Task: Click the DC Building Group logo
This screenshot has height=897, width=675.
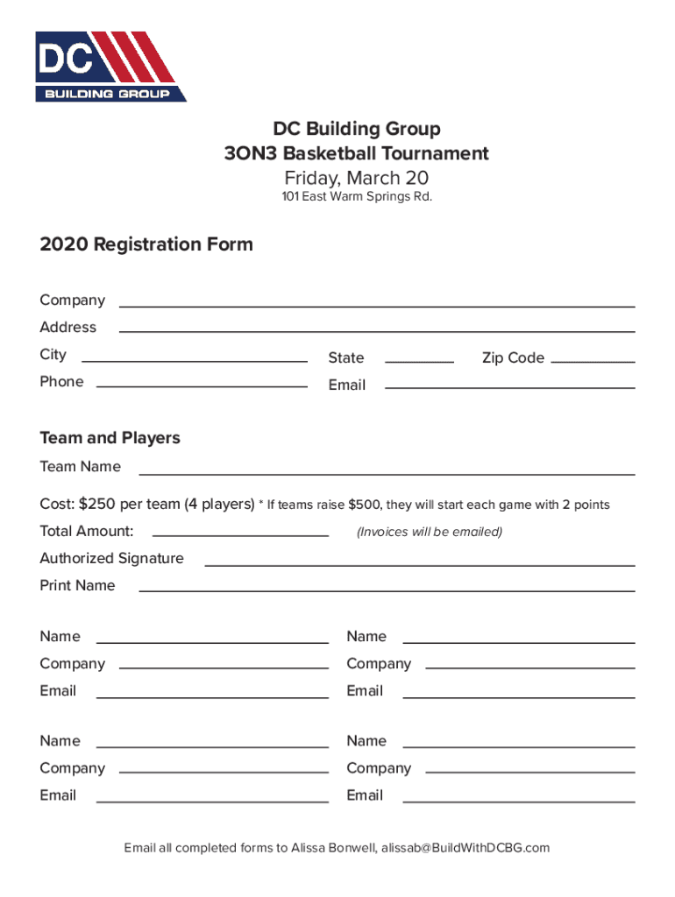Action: point(110,67)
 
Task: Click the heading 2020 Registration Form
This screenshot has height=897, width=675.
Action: point(146,244)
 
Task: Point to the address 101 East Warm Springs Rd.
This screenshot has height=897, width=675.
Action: point(357,197)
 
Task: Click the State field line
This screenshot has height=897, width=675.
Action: point(419,359)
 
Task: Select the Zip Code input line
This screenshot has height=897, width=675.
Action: point(593,359)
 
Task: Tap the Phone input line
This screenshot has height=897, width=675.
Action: point(202,385)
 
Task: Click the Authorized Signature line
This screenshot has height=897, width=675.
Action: point(419,563)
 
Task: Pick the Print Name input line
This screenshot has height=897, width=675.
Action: point(387,590)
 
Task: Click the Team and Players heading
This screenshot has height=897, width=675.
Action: point(110,438)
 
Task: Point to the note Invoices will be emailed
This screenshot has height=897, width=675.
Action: point(430,532)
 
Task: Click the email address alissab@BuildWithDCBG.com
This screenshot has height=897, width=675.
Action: point(465,848)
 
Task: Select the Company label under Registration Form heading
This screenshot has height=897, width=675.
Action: point(72,300)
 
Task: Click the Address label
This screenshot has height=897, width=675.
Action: point(68,328)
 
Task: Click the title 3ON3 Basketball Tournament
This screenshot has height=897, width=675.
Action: point(356,154)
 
